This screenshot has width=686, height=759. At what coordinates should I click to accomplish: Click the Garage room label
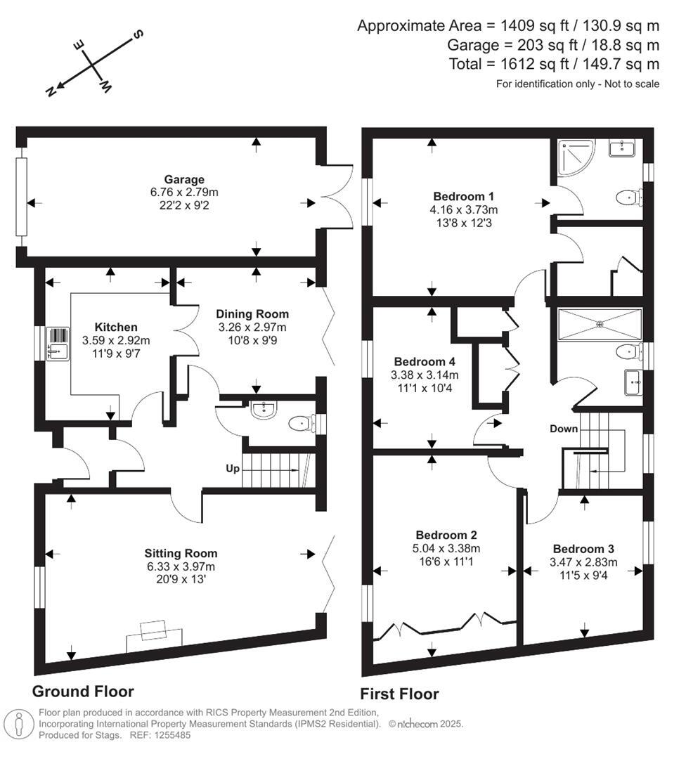pos(184,180)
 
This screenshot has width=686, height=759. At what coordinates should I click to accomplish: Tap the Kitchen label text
pos(116,327)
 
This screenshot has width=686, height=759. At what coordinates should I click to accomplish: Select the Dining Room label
pos(252,313)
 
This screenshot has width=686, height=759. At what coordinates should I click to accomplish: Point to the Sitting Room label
pos(181,553)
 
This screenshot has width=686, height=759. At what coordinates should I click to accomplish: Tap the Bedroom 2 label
pos(448,534)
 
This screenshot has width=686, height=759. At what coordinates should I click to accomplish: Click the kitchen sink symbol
pos(57,344)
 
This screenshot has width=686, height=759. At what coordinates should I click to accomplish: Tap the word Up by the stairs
pos(232,468)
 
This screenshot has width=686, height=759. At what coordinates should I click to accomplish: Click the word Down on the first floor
pos(564,429)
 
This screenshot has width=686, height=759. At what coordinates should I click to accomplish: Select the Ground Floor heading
pos(83,691)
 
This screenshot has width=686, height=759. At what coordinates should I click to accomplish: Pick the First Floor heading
pos(399,694)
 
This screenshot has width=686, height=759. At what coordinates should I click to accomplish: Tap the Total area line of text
pos(554,64)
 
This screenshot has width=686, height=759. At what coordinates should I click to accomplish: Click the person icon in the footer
pos(19,724)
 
